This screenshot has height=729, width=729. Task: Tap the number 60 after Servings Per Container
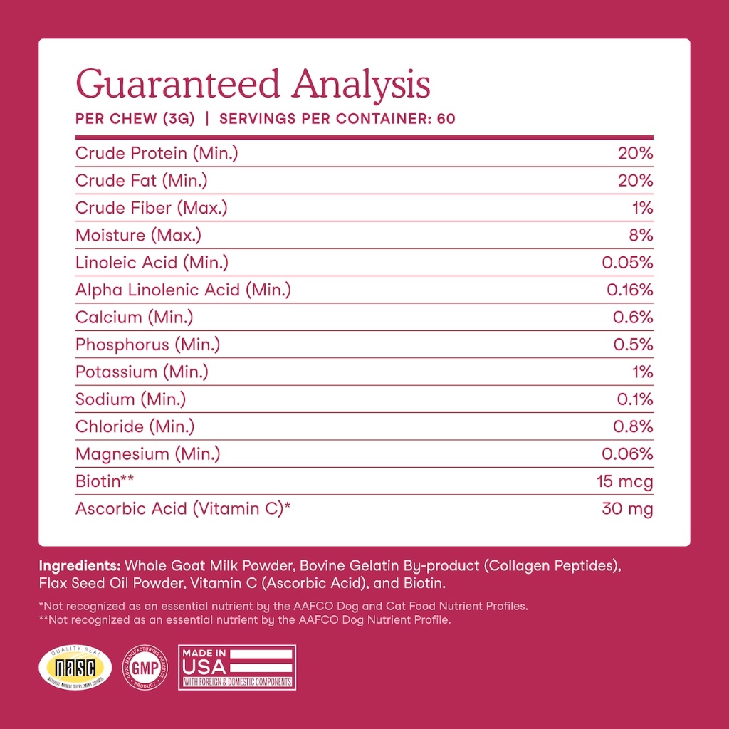pos(446,119)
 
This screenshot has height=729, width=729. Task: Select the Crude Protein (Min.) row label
pos(157,153)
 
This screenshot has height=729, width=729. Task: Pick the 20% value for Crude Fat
pos(635,181)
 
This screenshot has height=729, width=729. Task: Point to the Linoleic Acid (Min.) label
pos(152,263)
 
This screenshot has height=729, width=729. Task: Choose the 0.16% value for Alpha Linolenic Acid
pos(629,290)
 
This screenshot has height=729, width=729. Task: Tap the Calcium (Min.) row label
pos(134,318)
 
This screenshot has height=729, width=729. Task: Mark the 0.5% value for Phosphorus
pos(633,345)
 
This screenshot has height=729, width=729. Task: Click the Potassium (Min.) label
pos(142,372)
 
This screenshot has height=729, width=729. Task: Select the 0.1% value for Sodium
pos(634,399)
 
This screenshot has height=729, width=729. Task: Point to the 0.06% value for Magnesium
pos(627,453)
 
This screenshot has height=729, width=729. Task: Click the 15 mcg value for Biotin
pos(624,482)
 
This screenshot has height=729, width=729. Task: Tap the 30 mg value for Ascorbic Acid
pos(626,509)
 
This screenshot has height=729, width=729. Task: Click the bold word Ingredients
pos(80,567)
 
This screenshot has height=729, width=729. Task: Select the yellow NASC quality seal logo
pos(75,667)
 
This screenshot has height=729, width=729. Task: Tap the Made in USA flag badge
pos(236,667)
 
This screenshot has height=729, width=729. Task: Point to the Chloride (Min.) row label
pos(135,426)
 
